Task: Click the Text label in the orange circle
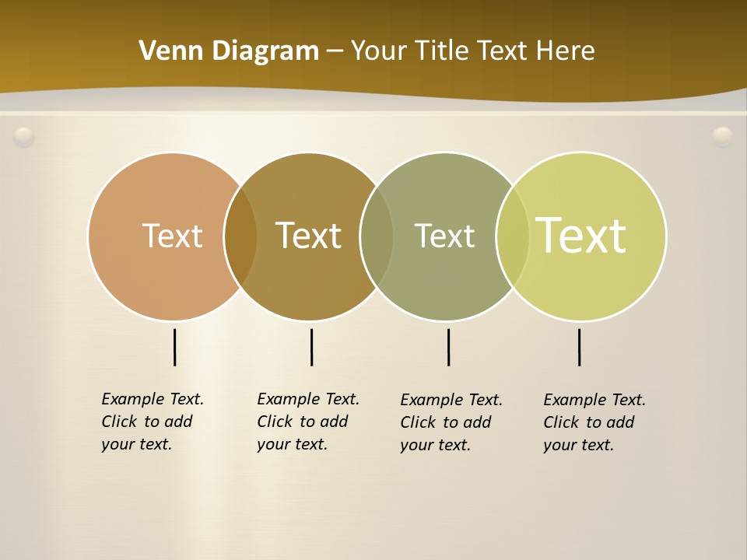click(x=172, y=236)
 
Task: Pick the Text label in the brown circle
click(x=308, y=236)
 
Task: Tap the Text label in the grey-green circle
click(x=444, y=236)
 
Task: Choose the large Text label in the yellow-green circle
click(x=581, y=236)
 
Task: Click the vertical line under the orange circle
click(x=175, y=347)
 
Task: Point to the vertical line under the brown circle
click(x=311, y=347)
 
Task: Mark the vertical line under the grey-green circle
click(x=448, y=347)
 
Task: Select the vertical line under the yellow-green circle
click(x=579, y=347)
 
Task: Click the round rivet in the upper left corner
click(x=24, y=137)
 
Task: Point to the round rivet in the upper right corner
click(x=723, y=137)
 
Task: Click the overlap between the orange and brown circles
click(x=240, y=236)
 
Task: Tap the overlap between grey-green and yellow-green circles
click(x=513, y=236)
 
